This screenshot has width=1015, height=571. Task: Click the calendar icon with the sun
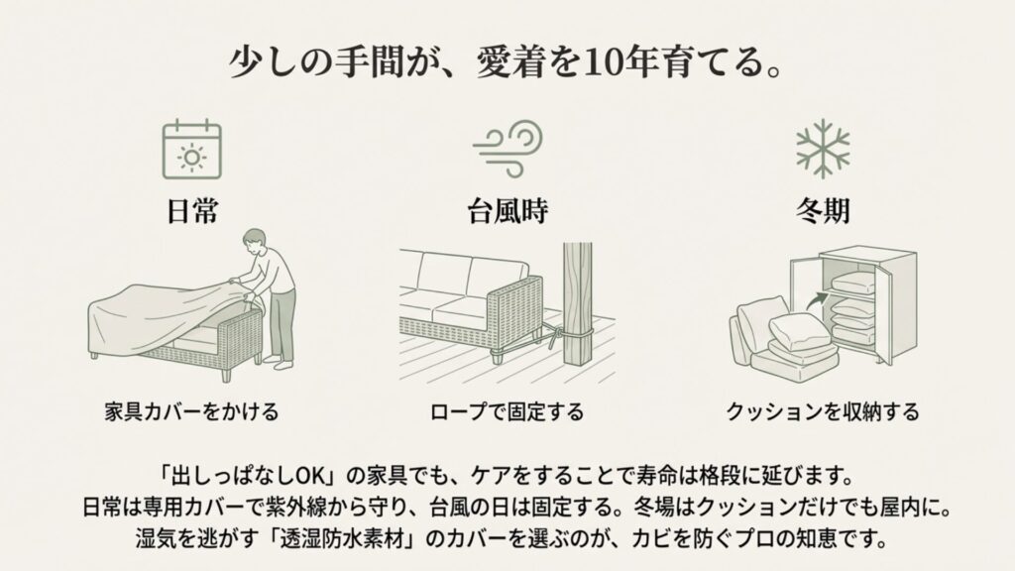click(x=191, y=149)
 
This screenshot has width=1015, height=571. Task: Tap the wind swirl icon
click(x=507, y=148)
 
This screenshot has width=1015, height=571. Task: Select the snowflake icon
click(x=823, y=148)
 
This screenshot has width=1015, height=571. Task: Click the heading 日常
click(x=191, y=211)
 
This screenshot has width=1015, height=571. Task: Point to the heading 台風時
click(x=507, y=211)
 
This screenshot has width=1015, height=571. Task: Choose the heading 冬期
click(x=823, y=211)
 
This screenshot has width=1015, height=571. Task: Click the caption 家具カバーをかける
click(x=191, y=409)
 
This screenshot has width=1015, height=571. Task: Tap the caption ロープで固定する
click(x=507, y=409)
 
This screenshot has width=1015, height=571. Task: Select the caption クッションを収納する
click(x=823, y=409)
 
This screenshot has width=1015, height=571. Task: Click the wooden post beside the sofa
click(x=577, y=307)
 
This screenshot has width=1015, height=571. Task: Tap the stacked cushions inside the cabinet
click(x=851, y=307)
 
